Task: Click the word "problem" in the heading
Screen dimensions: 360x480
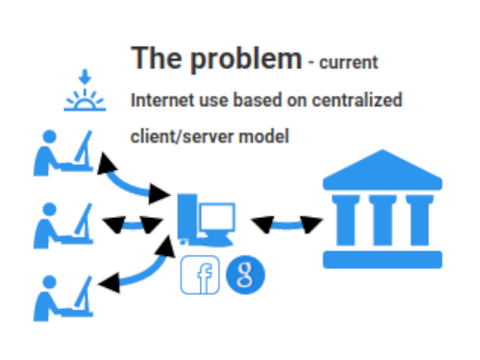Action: pyautogui.click(x=247, y=59)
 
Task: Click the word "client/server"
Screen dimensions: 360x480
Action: pyautogui.click(x=182, y=136)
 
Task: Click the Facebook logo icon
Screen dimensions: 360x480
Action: pyautogui.click(x=200, y=275)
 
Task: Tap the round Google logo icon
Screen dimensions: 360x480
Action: pyautogui.click(x=245, y=275)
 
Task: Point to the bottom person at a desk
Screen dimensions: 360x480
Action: pyautogui.click(x=63, y=298)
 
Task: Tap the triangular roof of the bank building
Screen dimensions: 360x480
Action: pyautogui.click(x=382, y=171)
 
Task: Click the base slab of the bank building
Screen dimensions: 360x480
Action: pyautogui.click(x=382, y=259)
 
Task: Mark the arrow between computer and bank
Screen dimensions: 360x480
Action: pyautogui.click(x=287, y=225)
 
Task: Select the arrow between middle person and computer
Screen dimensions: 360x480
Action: pyautogui.click(x=133, y=225)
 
